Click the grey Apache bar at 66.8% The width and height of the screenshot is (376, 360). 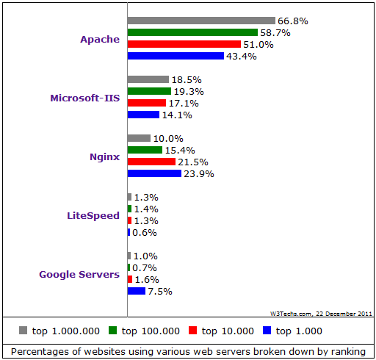point(201,21)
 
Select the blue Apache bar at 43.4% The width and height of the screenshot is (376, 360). point(176,56)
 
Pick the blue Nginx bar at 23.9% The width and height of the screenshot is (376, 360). point(154,173)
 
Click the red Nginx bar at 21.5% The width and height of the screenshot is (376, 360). point(151,162)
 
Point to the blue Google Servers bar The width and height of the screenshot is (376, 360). point(137,291)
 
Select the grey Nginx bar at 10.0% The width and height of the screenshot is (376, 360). point(139,138)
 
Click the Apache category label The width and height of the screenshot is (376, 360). point(100,39)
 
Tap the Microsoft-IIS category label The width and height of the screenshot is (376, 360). point(85,98)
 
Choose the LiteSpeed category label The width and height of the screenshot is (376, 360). point(93,215)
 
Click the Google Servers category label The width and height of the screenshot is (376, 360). point(79,274)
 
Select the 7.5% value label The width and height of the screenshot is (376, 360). point(160,292)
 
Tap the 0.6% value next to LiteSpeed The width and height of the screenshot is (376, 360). point(145,233)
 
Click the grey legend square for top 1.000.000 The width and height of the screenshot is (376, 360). point(23,330)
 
